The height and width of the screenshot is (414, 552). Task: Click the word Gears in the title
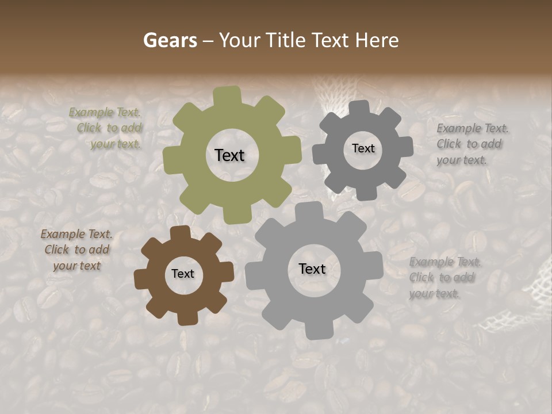(170, 40)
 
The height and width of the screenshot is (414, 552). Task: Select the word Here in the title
(377, 40)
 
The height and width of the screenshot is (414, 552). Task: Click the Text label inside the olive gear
(229, 155)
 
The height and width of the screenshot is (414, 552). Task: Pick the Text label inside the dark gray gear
(363, 148)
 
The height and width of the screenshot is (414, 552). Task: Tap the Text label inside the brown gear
(183, 274)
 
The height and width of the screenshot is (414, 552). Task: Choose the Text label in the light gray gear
(312, 269)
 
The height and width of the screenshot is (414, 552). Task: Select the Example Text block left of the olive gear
(106, 128)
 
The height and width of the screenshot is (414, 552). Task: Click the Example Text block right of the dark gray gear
(471, 144)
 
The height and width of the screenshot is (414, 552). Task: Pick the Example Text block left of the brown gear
(76, 250)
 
